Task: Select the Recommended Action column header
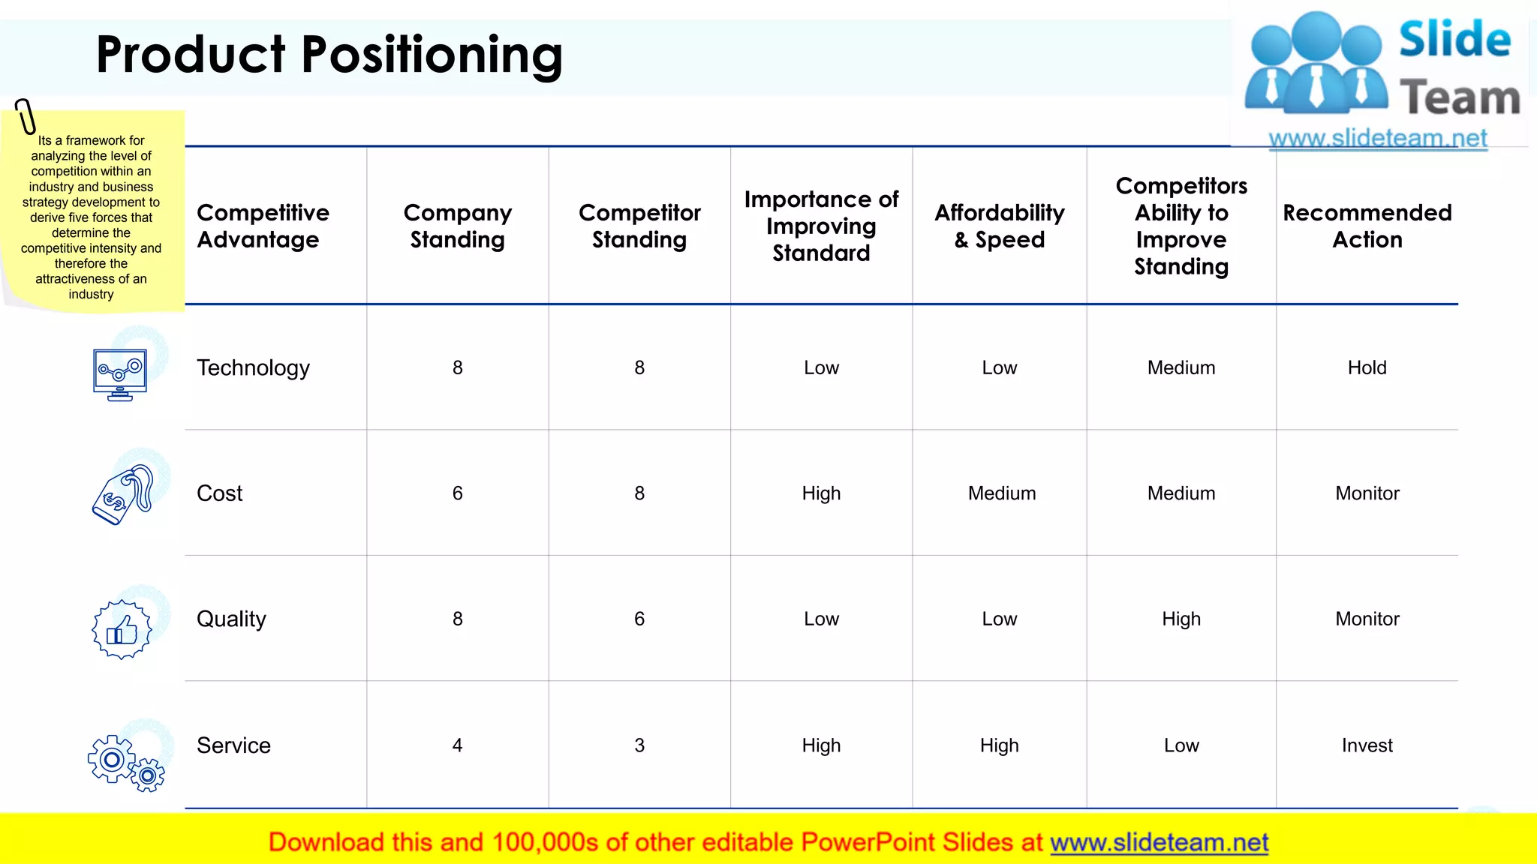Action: pos(1367,226)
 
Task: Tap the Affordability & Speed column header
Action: pos(999,226)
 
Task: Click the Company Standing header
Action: pos(457,226)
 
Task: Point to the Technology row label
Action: pos(253,367)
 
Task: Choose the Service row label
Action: pos(233,745)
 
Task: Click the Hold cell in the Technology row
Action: pos(1367,367)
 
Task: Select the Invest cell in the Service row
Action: pos(1367,745)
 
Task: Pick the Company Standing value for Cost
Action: pos(457,493)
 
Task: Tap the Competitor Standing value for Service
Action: pos(639,745)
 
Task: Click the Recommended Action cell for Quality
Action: pos(1367,619)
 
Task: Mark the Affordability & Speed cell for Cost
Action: pos(1001,493)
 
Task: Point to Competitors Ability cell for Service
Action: pos(1181,745)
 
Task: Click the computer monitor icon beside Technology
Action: pos(120,373)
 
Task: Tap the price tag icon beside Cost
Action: pos(122,494)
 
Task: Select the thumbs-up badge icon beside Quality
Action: pos(122,629)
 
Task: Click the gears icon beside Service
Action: pos(125,763)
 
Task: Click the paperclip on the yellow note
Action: pos(26,116)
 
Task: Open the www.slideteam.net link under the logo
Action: pos(1377,139)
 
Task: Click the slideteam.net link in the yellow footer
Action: pos(1159,843)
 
